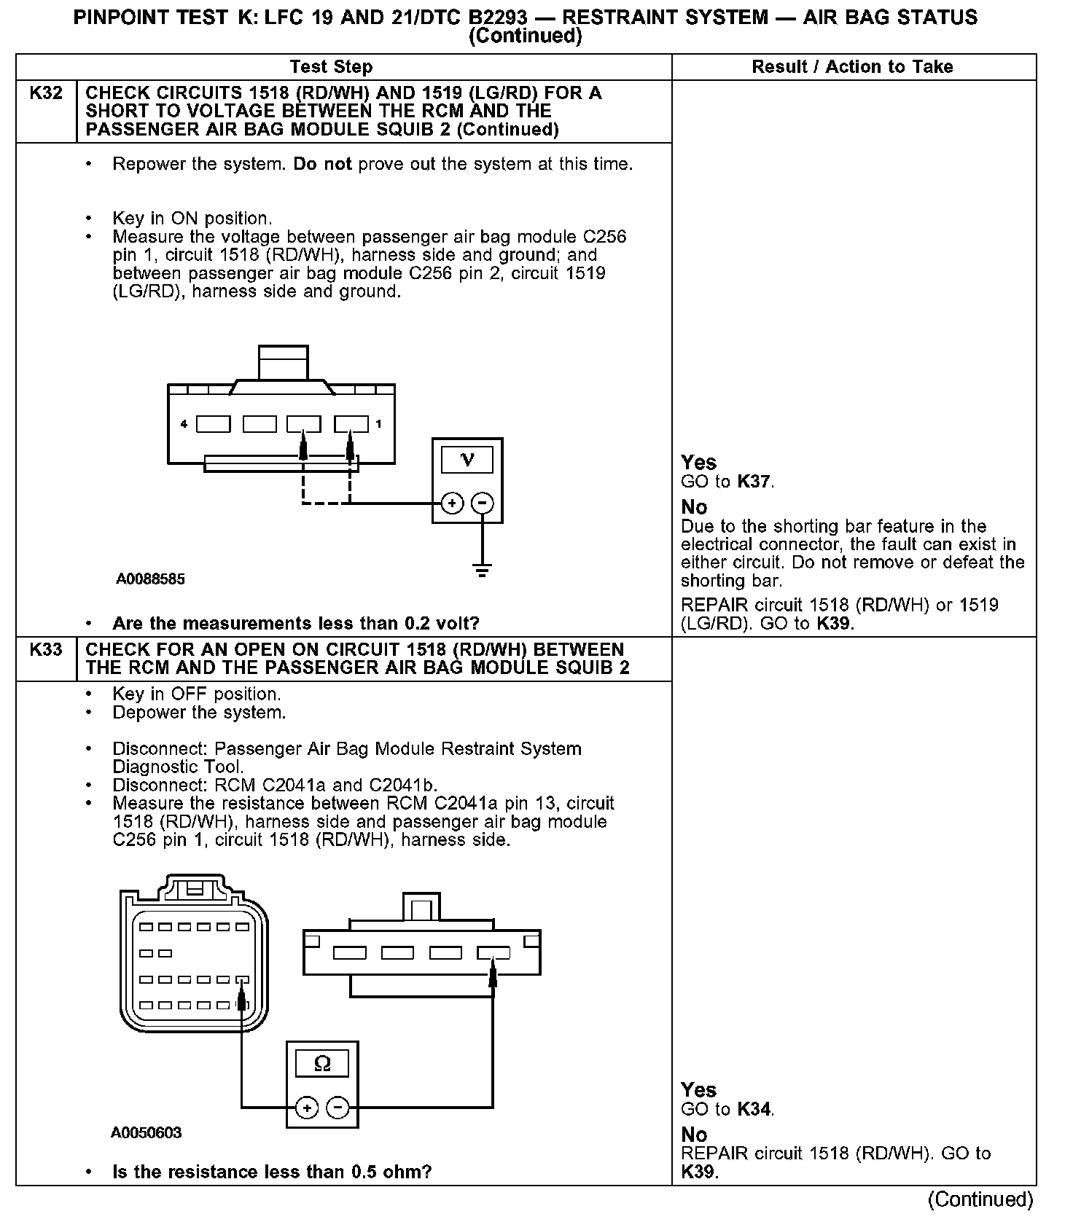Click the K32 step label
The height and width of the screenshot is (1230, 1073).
pos(45,93)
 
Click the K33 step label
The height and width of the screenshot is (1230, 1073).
pos(45,649)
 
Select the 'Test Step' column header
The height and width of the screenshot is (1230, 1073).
pos(331,67)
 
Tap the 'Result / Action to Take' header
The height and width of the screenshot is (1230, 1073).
pos(852,67)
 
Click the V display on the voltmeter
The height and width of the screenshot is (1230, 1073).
pos(467,460)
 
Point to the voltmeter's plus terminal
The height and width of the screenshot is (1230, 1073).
pos(452,503)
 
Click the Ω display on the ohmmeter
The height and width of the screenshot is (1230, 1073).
pos(321,1065)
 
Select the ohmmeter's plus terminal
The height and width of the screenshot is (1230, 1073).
pos(307,1108)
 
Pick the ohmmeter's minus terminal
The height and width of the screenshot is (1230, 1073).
pos(337,1108)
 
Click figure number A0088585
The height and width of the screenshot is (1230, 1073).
pos(150,579)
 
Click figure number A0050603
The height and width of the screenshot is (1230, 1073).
pos(147,1133)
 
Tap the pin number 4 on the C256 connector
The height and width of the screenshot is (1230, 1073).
pos(184,423)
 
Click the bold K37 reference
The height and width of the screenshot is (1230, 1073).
pos(754,482)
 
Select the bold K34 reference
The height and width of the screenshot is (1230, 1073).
pos(754,1109)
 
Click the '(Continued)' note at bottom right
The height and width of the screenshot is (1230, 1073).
pos(980,1199)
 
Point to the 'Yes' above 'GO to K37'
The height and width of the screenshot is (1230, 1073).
pos(698,462)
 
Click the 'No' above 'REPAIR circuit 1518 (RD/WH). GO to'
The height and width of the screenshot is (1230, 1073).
pos(694,1135)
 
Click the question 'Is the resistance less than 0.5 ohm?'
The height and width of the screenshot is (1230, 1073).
pos(272,1172)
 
